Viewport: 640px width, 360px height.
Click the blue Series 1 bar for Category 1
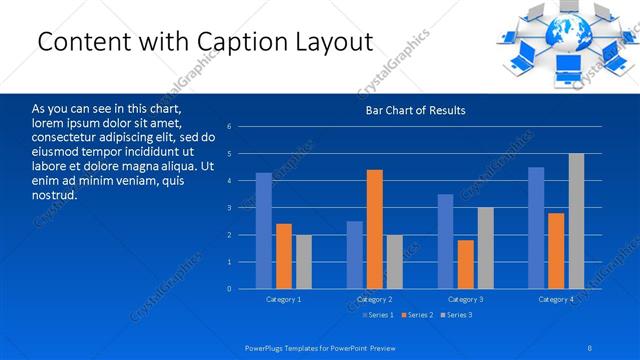[x=264, y=231]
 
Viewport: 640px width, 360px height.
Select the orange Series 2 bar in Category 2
[x=375, y=230]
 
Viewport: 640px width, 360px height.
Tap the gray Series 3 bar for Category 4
[x=576, y=221]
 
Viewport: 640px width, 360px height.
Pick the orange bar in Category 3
[x=465, y=264]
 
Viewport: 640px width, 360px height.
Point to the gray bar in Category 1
[x=303, y=262]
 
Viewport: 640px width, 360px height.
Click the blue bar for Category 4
[x=536, y=228]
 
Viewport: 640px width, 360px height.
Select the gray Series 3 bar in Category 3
[x=485, y=248]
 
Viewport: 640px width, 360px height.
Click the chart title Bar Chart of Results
[x=415, y=110]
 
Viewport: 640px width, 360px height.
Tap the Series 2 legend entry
[x=418, y=315]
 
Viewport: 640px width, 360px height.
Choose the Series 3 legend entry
[x=458, y=315]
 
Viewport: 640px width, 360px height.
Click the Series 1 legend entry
[x=377, y=315]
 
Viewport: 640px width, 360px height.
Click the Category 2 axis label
[x=374, y=299]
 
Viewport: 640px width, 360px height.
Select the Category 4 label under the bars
[x=555, y=299]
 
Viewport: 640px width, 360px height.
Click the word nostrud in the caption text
[x=55, y=194]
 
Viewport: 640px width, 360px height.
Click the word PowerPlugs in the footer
[x=266, y=347]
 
